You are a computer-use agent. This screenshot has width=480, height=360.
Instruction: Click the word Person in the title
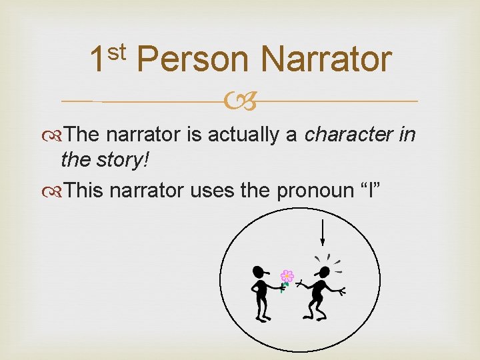[193, 60]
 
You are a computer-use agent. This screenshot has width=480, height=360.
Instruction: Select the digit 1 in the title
[97, 60]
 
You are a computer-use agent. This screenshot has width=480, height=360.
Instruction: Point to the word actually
[246, 135]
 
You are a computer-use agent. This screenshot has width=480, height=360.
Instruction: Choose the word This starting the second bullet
[85, 191]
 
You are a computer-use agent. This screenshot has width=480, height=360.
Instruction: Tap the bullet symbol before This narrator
[59, 191]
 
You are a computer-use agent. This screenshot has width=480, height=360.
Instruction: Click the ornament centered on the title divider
[240, 102]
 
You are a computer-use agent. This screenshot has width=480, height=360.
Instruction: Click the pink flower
[287, 275]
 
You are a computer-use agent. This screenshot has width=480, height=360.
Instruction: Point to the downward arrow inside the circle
[323, 233]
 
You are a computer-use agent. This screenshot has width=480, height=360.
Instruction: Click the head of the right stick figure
[323, 273]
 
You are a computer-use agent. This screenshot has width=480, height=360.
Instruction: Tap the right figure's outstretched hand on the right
[343, 291]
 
